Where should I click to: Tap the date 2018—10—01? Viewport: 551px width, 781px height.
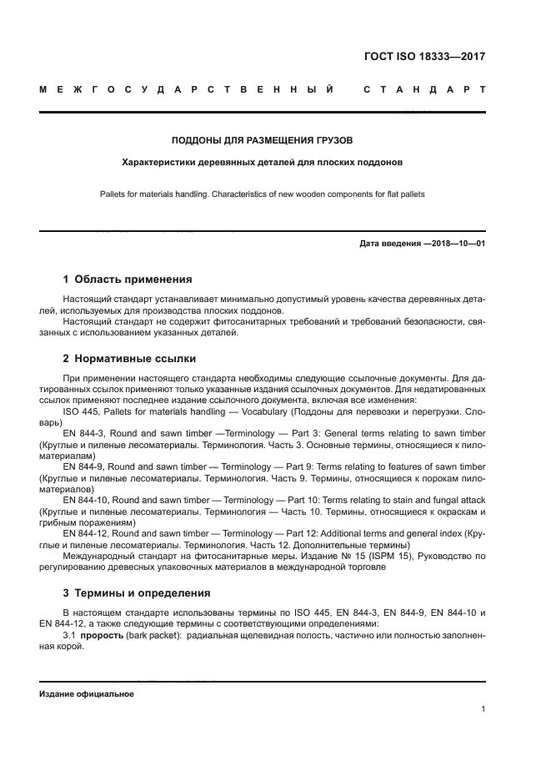point(456,244)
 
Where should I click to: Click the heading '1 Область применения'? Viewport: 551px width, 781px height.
point(128,280)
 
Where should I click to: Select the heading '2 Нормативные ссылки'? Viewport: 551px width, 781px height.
point(129,359)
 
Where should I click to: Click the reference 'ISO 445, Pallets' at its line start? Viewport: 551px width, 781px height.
point(94,412)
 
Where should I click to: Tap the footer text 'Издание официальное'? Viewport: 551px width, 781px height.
point(87,694)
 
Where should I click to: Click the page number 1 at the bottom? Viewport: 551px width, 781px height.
point(483,709)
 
